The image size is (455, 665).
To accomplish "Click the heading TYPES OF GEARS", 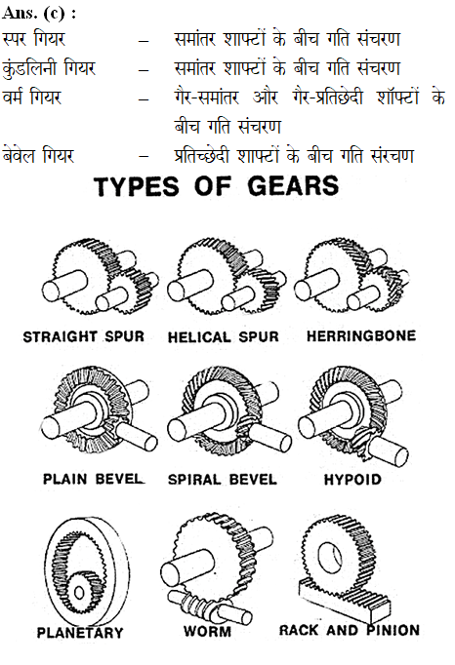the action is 216,186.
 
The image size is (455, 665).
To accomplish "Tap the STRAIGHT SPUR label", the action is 84,336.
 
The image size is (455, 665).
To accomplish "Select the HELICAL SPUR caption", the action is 224,337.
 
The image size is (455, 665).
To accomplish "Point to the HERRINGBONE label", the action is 361,335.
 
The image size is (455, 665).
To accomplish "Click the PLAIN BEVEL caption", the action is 93,479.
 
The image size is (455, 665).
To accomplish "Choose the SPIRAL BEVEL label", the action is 223,479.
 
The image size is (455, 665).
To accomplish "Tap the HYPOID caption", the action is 352,479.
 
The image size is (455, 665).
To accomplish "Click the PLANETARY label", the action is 80,633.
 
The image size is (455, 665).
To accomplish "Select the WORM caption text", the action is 208,631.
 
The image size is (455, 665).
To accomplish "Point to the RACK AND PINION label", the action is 350,630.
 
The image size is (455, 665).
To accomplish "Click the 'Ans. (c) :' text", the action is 39,14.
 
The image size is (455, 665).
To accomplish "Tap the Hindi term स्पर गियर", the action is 33,39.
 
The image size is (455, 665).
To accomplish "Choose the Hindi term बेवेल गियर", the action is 38,155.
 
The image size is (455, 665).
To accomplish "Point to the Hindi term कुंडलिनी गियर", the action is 49,68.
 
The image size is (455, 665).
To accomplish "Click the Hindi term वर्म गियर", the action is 32,98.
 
